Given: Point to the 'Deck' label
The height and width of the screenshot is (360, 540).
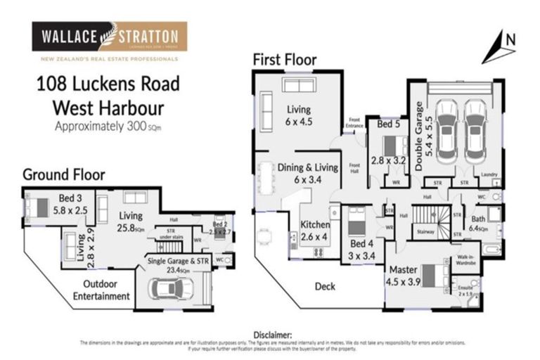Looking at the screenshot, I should click(324, 286).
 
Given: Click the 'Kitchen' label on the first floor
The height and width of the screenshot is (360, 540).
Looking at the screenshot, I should click(315, 225).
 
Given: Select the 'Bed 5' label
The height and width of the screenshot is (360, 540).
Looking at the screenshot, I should click(388, 124).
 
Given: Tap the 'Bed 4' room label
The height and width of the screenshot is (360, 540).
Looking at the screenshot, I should click(362, 244).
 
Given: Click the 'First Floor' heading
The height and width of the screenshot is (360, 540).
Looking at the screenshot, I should click(285, 60).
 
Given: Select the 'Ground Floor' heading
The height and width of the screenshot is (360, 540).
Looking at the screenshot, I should click(64, 174).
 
